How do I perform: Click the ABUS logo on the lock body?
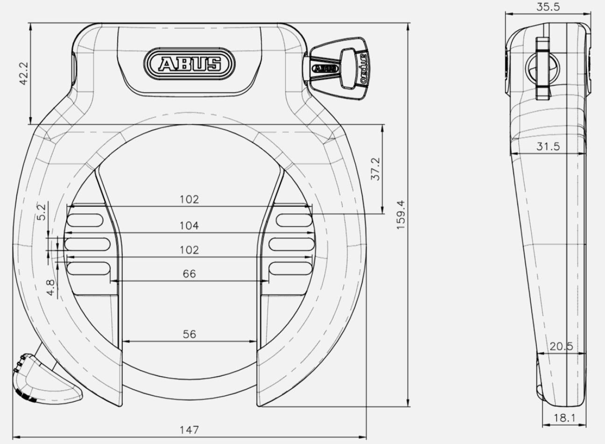point(190,64)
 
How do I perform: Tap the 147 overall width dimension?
point(189,430)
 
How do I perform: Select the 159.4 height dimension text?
point(401,215)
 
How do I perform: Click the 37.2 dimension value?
point(375,169)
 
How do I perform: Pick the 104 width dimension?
point(189,226)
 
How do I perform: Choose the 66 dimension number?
point(189,274)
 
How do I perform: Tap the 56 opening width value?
point(189,335)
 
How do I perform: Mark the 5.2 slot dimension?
point(42,212)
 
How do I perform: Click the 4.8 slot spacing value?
point(51,287)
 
